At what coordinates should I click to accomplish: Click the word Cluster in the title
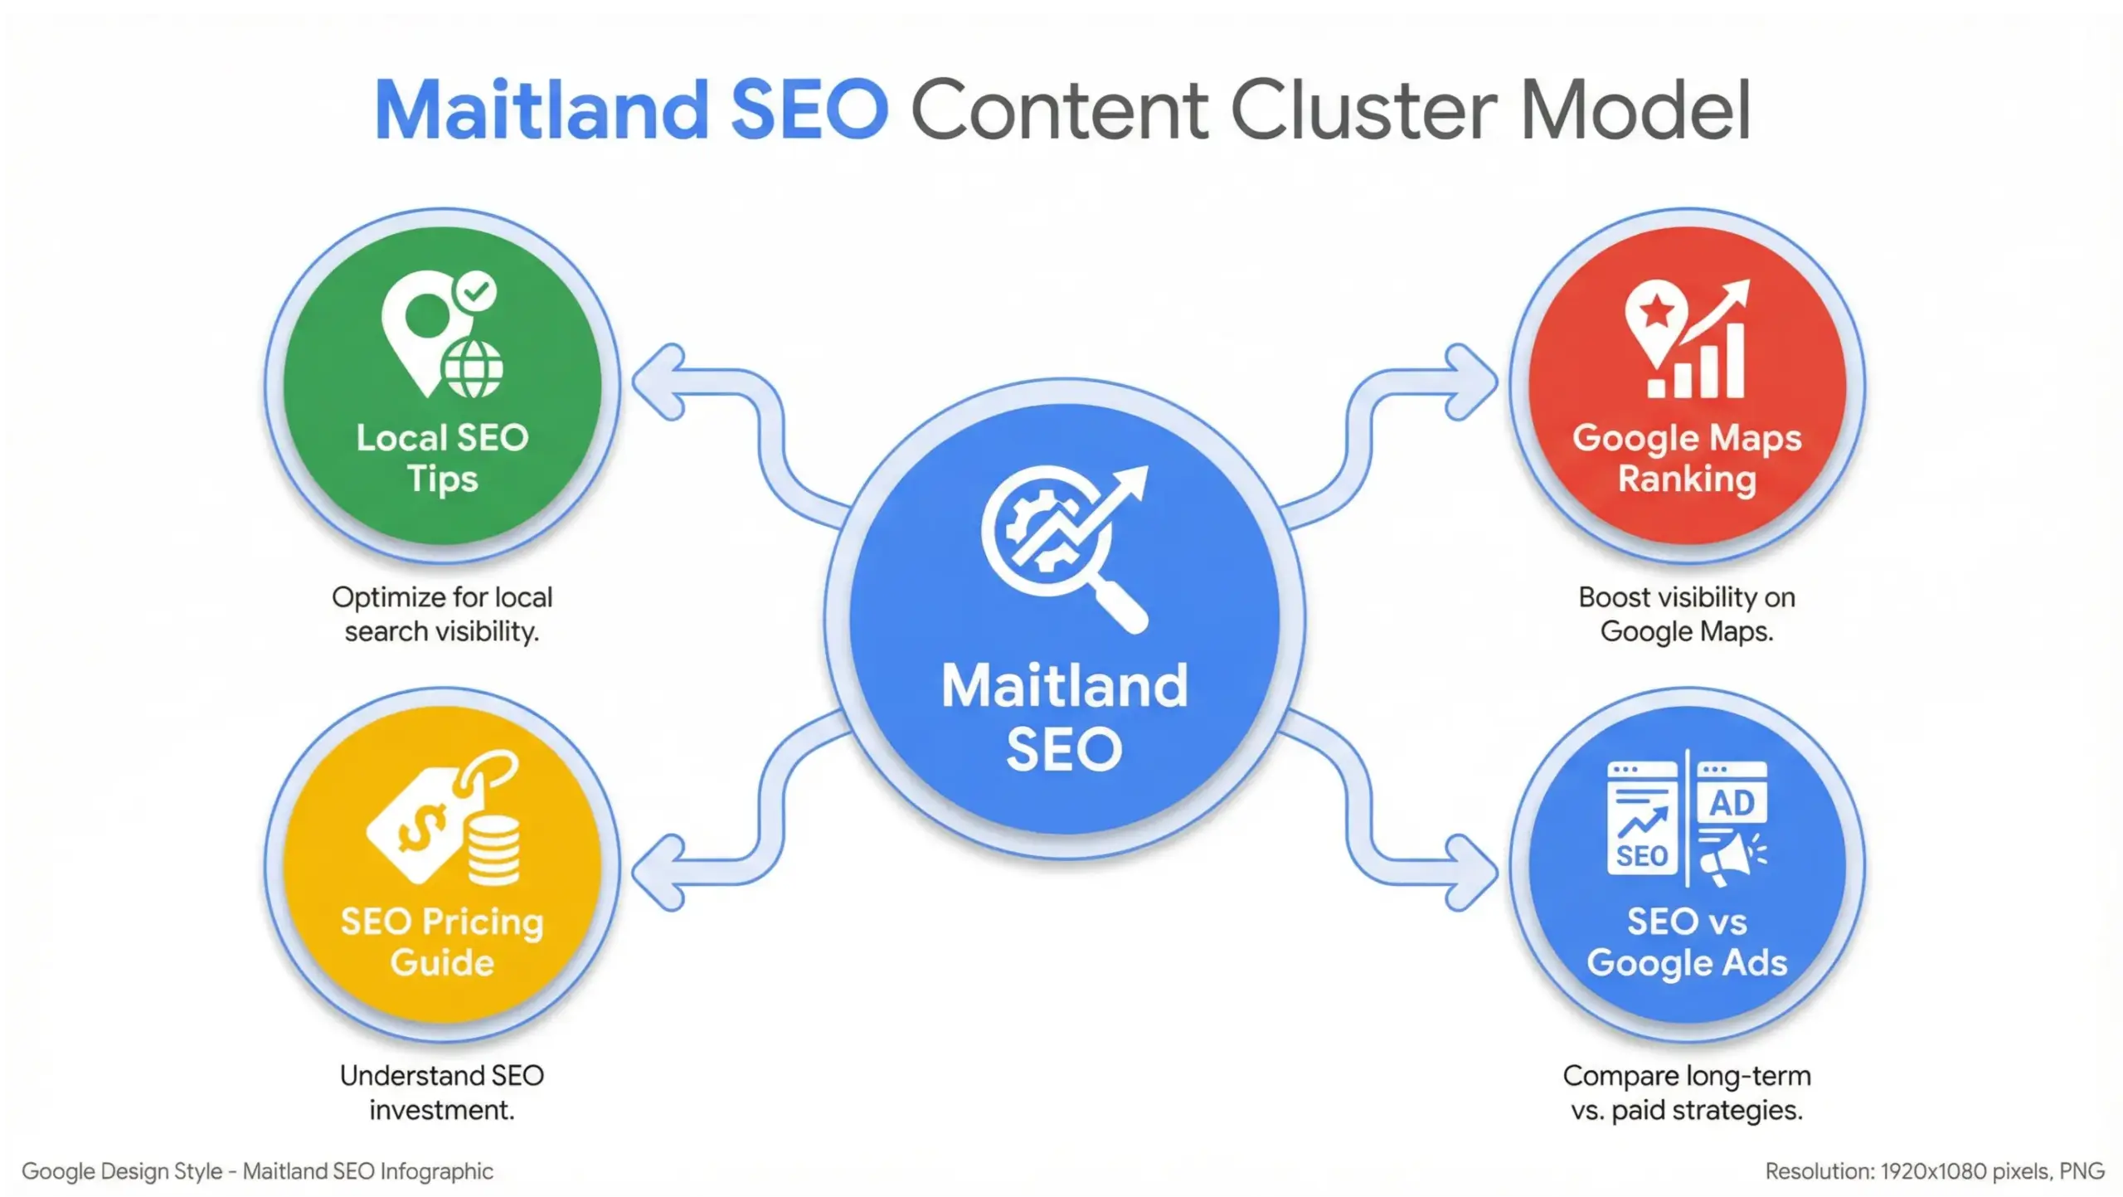coord(1364,110)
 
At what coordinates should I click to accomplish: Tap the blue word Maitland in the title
coord(542,110)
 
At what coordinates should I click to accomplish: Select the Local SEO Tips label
coord(442,458)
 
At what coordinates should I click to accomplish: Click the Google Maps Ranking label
coord(1687,458)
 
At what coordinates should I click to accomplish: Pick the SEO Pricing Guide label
coord(442,942)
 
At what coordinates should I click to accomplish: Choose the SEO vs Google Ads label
coord(1687,942)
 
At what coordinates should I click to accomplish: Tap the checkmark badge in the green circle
coord(476,291)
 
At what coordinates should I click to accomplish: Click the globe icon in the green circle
coord(473,368)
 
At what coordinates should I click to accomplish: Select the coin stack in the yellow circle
coord(494,850)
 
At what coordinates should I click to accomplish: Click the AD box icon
coord(1732,792)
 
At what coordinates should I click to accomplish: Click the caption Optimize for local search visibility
coord(442,614)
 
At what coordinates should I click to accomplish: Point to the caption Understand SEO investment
coord(442,1092)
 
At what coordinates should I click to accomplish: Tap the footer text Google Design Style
coord(122,1171)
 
